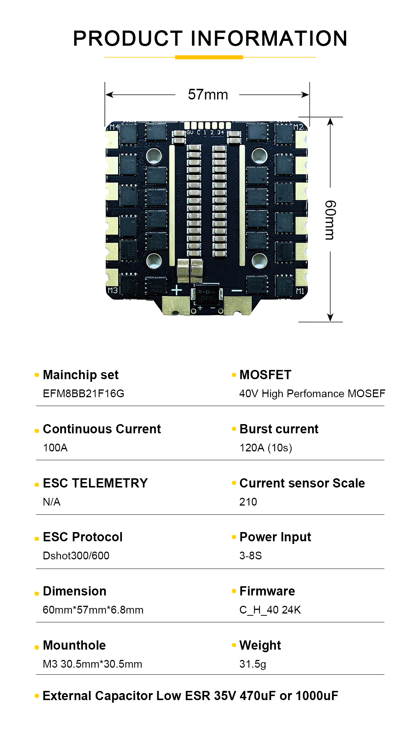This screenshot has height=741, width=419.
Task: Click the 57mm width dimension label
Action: (x=208, y=95)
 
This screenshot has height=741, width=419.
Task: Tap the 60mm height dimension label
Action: (x=330, y=220)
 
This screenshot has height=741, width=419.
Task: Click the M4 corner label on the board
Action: (x=114, y=127)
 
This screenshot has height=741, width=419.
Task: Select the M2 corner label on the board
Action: (x=299, y=127)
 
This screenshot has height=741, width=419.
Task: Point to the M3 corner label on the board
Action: (x=112, y=290)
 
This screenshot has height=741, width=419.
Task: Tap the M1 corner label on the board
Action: (x=300, y=291)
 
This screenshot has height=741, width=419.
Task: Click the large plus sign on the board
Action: (x=177, y=290)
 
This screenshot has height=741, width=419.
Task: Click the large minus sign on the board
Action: (x=236, y=291)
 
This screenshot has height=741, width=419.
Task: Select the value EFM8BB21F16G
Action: (x=84, y=394)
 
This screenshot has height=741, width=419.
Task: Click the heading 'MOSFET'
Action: (x=265, y=375)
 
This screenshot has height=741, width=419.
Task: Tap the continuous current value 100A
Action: (x=55, y=448)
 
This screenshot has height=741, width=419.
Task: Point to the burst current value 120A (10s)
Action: (x=265, y=448)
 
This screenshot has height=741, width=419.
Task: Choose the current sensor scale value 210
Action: (x=248, y=502)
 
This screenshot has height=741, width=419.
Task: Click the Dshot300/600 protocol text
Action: (x=76, y=556)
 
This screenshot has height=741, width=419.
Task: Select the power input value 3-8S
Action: (x=250, y=556)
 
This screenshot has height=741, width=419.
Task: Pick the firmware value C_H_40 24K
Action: (x=270, y=610)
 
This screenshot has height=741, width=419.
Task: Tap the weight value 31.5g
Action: (x=253, y=664)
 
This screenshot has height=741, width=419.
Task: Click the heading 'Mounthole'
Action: (x=74, y=645)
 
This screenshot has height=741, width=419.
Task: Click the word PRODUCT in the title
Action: (x=128, y=38)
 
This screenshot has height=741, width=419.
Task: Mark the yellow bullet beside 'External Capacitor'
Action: (x=37, y=696)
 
